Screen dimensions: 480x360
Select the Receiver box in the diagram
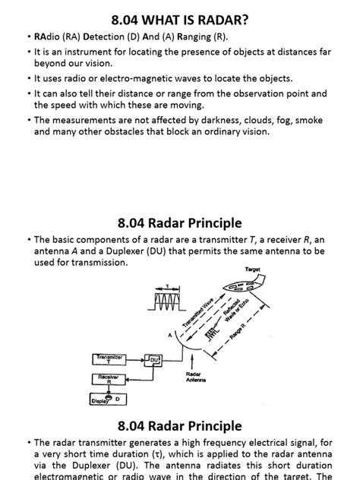coord(109,377)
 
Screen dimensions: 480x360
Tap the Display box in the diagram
coord(101,400)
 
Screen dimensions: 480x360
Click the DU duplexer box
coord(154,359)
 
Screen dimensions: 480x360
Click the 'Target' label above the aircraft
coord(253,270)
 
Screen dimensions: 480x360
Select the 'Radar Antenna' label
coord(196,377)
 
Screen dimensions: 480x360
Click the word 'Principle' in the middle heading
coord(207,223)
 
